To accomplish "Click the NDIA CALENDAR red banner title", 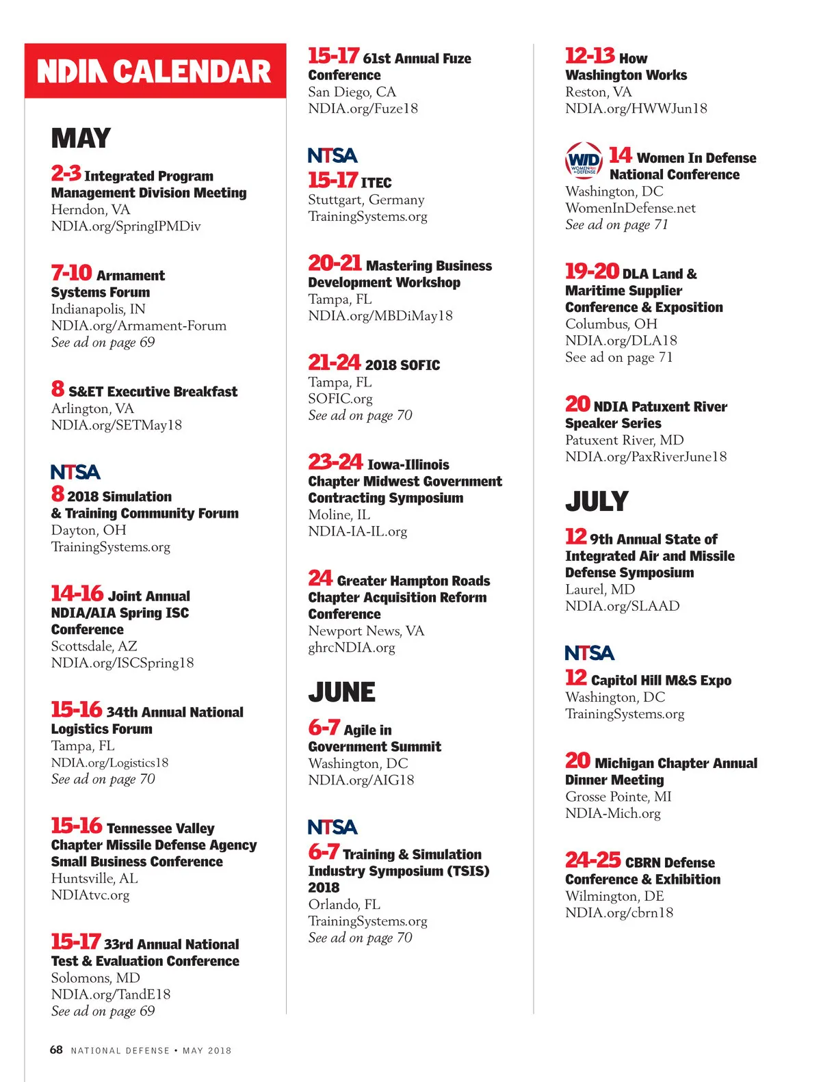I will click(x=155, y=71).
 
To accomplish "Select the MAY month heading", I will click(x=81, y=138).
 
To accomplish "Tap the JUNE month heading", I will click(x=341, y=692).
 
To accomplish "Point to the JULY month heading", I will click(x=597, y=501).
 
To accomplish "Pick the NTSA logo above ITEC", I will click(x=333, y=155).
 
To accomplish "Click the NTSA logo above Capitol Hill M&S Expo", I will click(x=590, y=652).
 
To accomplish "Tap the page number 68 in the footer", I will click(x=56, y=1050).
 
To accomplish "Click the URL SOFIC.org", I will click(x=340, y=398).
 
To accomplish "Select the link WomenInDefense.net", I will click(x=630, y=208).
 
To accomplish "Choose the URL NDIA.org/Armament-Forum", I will click(x=138, y=326).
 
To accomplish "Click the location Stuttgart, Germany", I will click(x=366, y=200).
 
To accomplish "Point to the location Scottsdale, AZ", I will click(x=94, y=646).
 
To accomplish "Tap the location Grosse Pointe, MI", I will click(x=618, y=796).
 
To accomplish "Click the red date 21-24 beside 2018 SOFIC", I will click(x=334, y=362).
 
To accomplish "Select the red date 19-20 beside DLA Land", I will click(x=592, y=271).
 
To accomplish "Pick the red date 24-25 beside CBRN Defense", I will click(x=592, y=860).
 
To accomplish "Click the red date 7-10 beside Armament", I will click(x=71, y=273).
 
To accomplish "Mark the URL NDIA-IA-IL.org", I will click(x=357, y=531).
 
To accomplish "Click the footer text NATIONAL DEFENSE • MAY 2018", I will click(x=151, y=1051).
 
